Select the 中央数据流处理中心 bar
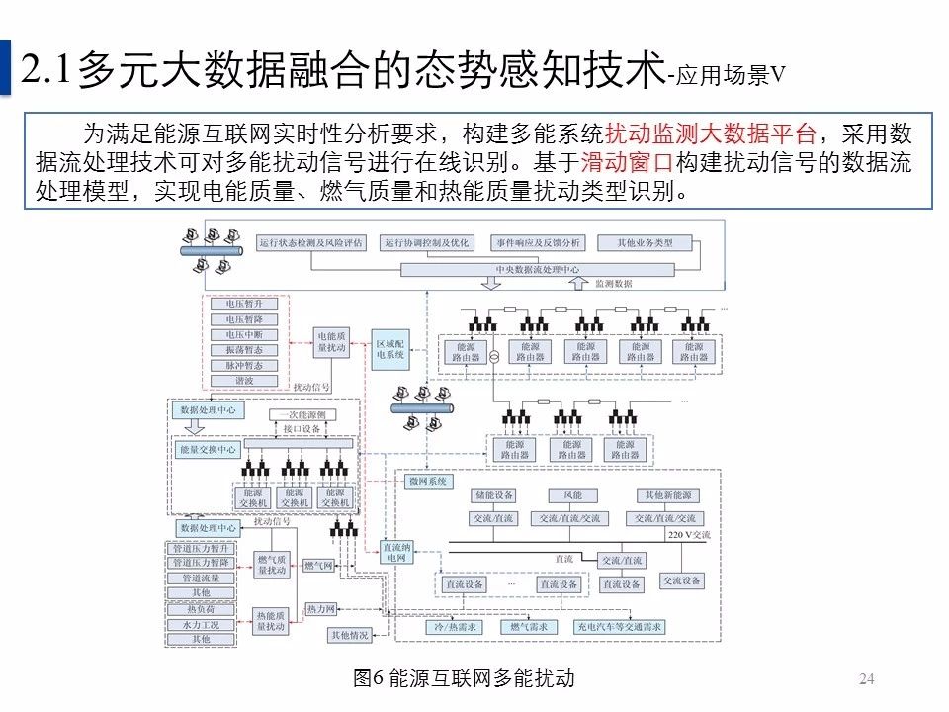(538, 268)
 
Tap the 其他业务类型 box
(645, 243)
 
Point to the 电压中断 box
(244, 334)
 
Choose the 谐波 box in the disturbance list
(244, 380)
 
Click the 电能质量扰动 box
(332, 343)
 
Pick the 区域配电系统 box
(390, 349)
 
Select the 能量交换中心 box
(208, 449)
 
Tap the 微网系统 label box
(428, 481)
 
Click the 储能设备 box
(493, 494)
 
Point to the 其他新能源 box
(669, 494)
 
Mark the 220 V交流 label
(689, 535)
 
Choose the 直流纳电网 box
(396, 552)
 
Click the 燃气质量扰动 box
(271, 564)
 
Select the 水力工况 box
(202, 625)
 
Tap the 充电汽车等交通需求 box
(620, 627)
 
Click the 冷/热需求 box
(455, 627)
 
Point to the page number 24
(867, 678)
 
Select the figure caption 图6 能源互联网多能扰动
(464, 678)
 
